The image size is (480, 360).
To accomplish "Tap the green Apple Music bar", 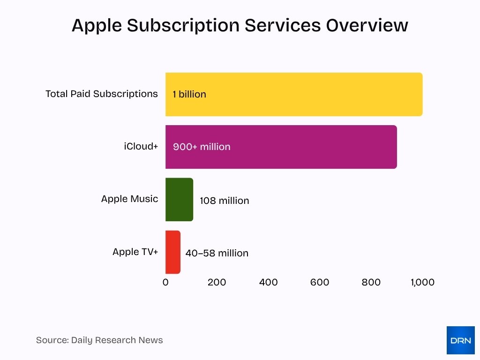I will [179, 200].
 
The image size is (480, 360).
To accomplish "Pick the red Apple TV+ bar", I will [172, 252].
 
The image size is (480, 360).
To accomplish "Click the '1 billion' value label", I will [189, 94].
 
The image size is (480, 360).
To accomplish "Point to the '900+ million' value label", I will [202, 147].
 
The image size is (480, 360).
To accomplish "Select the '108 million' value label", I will [224, 201].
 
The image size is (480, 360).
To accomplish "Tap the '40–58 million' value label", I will [217, 253].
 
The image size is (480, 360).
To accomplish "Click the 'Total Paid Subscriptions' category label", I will [101, 94].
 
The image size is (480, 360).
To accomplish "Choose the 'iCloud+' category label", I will [141, 146].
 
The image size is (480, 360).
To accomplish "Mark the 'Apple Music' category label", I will [129, 199].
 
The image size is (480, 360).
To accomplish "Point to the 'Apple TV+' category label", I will [135, 252].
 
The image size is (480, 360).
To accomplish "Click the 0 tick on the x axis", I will [165, 282].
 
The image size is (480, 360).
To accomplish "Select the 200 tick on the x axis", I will [217, 282].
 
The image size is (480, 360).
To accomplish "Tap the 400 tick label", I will [268, 282].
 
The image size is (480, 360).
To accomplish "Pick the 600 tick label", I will [320, 282].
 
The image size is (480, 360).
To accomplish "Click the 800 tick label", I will [371, 282].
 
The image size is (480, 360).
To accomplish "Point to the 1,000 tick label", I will [422, 282].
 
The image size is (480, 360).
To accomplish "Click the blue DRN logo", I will [460, 340].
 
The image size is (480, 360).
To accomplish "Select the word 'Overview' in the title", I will [367, 25].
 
